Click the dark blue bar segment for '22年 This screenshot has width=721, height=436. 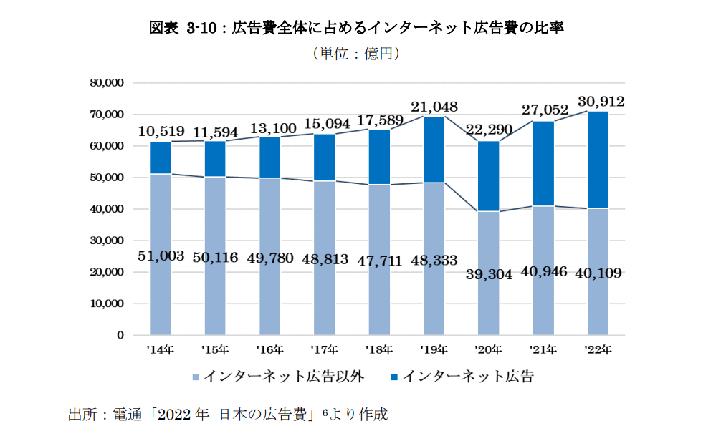(x=598, y=160)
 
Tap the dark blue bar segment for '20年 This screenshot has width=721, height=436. (x=488, y=176)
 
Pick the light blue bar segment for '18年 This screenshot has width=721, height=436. (x=379, y=294)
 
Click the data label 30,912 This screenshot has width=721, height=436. (x=601, y=102)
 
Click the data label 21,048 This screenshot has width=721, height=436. (x=434, y=106)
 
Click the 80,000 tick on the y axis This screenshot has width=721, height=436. (x=108, y=83)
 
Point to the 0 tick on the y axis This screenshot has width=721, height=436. (x=120, y=335)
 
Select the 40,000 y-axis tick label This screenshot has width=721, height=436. (x=108, y=209)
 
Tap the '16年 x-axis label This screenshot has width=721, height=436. (x=269, y=350)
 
